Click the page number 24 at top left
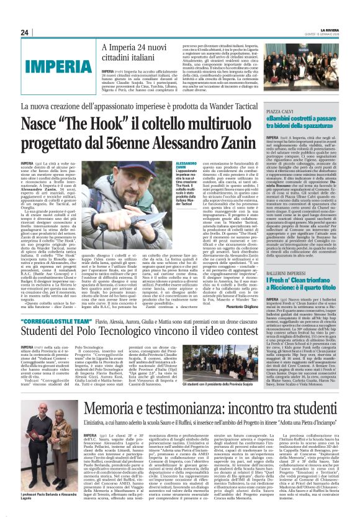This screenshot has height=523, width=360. [25, 32]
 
